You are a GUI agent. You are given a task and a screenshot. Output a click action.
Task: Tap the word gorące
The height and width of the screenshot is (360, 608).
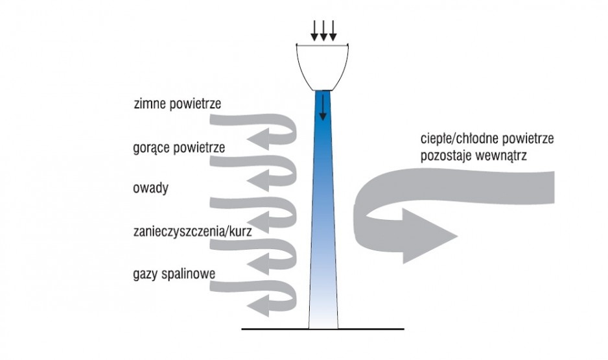[x=152, y=149]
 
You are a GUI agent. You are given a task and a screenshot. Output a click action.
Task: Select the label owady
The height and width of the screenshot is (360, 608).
[x=151, y=189]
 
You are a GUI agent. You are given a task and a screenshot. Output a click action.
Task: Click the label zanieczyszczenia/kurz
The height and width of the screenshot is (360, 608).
[x=193, y=232]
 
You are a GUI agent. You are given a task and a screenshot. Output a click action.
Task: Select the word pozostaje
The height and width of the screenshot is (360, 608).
[x=445, y=156]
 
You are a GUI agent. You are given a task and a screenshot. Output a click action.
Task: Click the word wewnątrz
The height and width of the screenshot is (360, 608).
[x=500, y=156]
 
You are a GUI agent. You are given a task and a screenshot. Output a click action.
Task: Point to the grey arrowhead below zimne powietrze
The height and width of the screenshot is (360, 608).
[x=259, y=138]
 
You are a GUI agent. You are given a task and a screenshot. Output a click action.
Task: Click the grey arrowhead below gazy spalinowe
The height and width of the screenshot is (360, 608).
[x=259, y=306]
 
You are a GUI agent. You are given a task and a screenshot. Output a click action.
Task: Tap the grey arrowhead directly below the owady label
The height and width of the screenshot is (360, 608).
[x=259, y=221]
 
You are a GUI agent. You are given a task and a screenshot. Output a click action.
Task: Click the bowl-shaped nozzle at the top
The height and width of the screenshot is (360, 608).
[x=322, y=67]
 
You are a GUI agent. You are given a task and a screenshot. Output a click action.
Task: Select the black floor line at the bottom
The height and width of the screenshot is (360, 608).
[x=323, y=329]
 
